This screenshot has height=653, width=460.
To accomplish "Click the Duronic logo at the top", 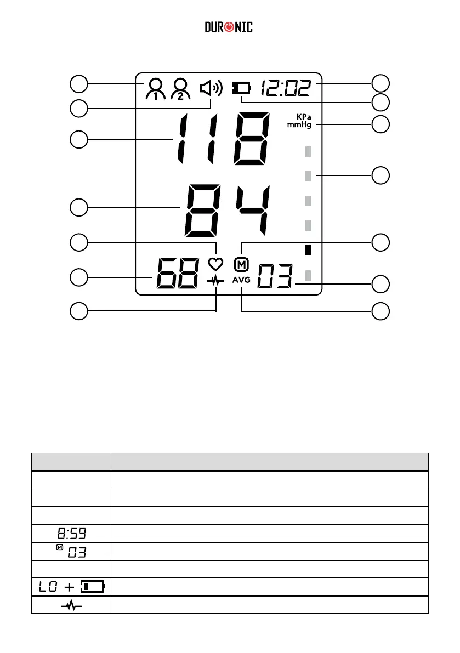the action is (x=229, y=27).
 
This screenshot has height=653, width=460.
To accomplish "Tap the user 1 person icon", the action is (x=155, y=89).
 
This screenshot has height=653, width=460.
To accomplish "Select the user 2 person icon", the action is (x=180, y=89).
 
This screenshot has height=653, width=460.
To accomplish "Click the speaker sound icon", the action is (x=211, y=88).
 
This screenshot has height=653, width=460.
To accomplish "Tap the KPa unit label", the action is (x=304, y=117).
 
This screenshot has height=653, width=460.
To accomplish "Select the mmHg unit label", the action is (x=299, y=125).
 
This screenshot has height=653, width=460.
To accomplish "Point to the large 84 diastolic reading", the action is (x=228, y=211).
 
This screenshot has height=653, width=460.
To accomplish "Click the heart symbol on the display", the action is (x=215, y=264).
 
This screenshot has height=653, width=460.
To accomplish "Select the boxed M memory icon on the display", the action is (x=241, y=264).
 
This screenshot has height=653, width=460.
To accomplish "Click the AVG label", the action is (x=241, y=279).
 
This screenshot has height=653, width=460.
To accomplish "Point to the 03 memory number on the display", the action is (x=275, y=277).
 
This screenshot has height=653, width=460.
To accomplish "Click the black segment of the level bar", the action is (x=308, y=249).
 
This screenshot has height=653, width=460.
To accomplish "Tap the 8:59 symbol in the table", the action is (x=71, y=533).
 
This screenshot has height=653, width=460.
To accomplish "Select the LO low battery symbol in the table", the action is (x=71, y=587).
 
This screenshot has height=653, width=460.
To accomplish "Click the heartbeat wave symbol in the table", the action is (x=71, y=605).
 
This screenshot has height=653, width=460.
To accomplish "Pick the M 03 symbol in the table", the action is (x=71, y=552).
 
